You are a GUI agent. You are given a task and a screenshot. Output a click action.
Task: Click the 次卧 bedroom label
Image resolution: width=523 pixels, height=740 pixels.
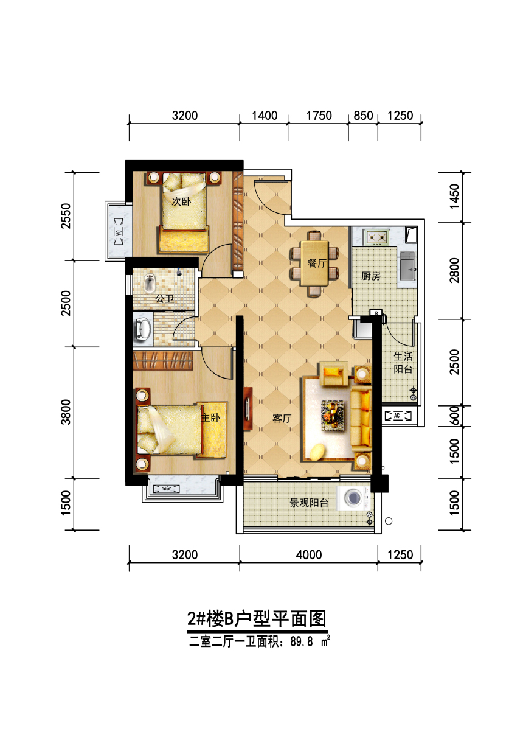coord(181,201)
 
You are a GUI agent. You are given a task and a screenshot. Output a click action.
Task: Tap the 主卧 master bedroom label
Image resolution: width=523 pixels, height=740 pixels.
coord(210,417)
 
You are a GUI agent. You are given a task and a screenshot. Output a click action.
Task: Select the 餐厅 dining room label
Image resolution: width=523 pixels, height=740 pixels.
coord(317,263)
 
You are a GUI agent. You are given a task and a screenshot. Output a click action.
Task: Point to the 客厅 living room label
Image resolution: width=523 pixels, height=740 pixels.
coord(282,419)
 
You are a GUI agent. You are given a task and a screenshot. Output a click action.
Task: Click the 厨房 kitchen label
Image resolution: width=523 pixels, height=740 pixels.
coord(371,276)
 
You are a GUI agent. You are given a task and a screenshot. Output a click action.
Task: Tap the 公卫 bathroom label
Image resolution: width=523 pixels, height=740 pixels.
coord(165,299)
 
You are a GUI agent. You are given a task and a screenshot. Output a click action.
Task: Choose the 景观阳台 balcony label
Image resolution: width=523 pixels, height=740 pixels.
coord(309,503)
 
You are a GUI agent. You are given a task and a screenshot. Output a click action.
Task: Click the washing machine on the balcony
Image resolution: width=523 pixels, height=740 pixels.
coord(353,498)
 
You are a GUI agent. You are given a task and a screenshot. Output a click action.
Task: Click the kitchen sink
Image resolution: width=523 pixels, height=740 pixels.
coord(408,266)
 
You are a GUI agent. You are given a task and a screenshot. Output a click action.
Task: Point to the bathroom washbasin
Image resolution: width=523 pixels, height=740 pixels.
coord(143,329)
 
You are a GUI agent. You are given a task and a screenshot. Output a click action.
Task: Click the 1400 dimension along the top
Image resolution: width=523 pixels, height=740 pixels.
coord(265,116)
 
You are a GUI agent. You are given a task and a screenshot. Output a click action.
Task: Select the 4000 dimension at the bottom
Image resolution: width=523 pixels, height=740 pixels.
coord(309,554)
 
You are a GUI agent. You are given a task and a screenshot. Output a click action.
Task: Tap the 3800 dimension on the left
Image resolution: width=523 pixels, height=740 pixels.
coord(66,412)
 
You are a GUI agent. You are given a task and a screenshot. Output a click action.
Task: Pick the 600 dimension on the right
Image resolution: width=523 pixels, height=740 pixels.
coord(455,416)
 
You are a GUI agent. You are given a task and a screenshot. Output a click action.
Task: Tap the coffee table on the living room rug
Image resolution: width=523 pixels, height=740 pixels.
coord(332,415)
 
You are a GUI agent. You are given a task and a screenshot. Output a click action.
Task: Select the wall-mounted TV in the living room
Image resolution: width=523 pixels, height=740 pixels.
coord(248,409)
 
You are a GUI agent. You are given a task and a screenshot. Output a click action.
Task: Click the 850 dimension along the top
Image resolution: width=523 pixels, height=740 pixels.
coord(363,116)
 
